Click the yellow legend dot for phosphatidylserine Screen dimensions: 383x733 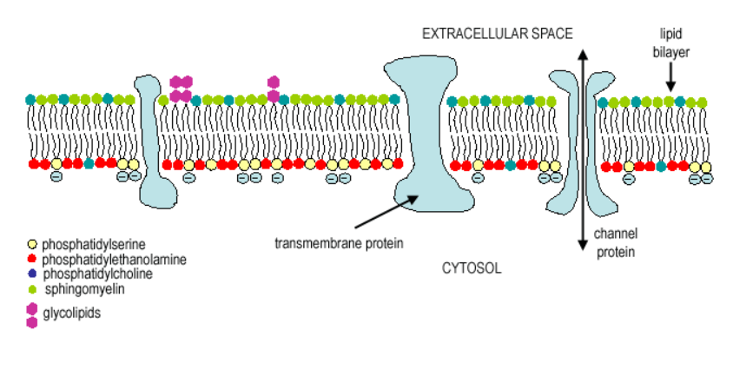tap(32, 245)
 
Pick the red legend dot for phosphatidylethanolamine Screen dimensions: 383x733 tap(32, 259)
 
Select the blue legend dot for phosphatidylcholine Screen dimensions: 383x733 tap(32, 273)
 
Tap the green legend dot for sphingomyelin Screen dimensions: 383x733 tap(32, 287)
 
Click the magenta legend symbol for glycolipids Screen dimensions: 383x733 tap(32, 314)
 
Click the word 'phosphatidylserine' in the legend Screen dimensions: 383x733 tap(97, 245)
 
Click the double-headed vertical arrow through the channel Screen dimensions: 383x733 tap(582, 148)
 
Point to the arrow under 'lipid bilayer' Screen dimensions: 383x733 tap(670, 78)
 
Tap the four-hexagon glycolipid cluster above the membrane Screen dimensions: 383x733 tap(181, 89)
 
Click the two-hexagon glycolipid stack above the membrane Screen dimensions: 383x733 tap(274, 89)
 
